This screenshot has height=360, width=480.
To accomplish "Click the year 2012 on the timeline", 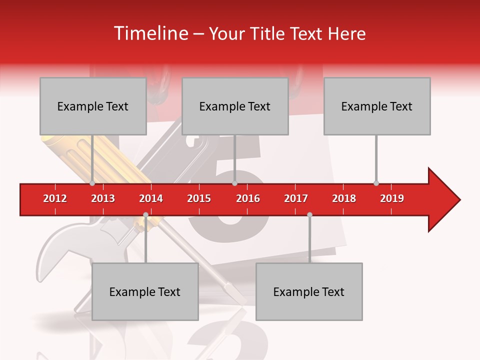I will tap(55, 198).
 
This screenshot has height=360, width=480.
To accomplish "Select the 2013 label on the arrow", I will tap(103, 198).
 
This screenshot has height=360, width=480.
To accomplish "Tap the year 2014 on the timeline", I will tap(151, 198).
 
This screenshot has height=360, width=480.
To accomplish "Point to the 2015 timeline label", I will tap(199, 198).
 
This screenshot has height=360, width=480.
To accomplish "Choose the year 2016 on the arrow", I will tap(248, 198).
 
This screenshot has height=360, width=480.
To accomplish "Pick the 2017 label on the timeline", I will tap(296, 198).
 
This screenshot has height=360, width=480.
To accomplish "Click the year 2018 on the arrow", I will tap(344, 198).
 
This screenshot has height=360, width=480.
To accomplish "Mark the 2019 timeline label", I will tap(392, 198).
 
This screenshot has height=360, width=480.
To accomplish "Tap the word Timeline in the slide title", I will tap(149, 33).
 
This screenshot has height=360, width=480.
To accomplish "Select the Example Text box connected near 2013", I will tap(93, 106).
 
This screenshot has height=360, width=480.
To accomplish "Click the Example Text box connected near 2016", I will tap(235, 106).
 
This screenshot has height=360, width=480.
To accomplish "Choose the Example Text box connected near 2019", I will tap(377, 106).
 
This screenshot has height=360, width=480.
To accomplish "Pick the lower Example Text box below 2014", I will tap(145, 291).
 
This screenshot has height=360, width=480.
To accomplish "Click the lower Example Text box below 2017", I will tap(309, 291).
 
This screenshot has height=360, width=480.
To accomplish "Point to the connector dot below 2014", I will tap(145, 214).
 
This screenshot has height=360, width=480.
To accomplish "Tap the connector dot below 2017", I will tap(309, 214).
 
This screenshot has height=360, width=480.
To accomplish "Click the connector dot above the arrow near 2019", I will tap(376, 183).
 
